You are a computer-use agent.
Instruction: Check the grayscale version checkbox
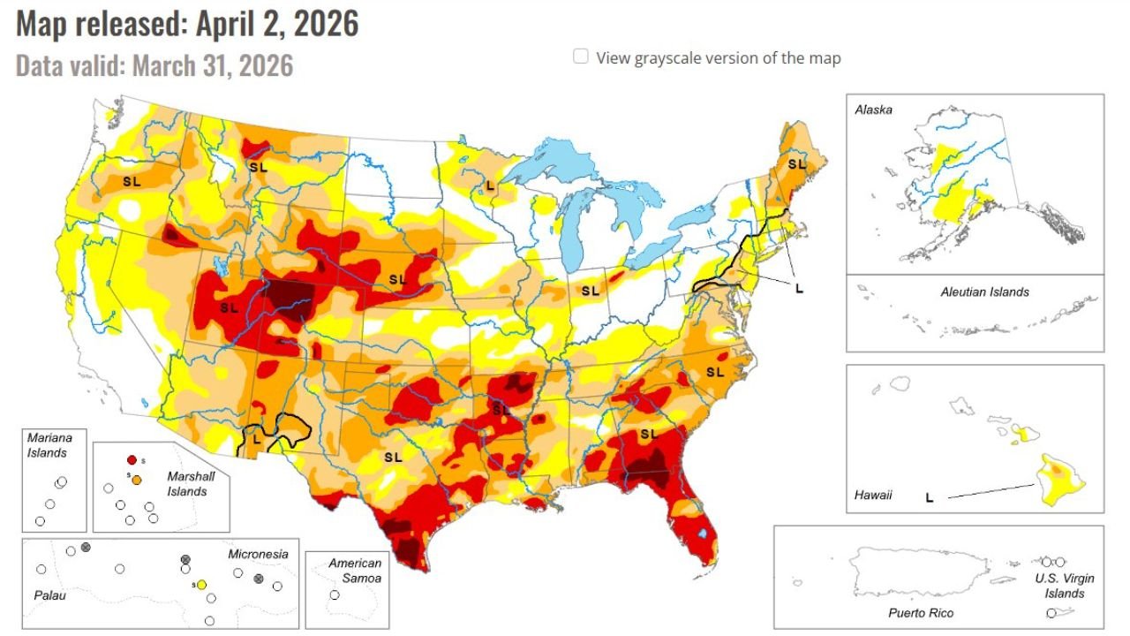tap(581, 57)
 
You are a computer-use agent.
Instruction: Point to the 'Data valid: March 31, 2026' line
tap(154, 65)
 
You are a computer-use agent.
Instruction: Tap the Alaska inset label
tap(873, 110)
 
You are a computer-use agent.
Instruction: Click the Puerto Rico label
tap(921, 612)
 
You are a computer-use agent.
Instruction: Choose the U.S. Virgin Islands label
tap(1065, 586)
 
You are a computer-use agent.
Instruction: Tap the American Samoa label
tap(355, 571)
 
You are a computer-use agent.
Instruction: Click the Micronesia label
tap(258, 554)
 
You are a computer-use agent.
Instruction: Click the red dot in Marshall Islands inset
tap(132, 460)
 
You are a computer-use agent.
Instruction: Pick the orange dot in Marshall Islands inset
tap(136, 478)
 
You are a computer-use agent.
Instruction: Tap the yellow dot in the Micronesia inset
tap(201, 585)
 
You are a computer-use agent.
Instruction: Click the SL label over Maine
tap(797, 163)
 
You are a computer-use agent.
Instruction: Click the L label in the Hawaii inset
tap(929, 498)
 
